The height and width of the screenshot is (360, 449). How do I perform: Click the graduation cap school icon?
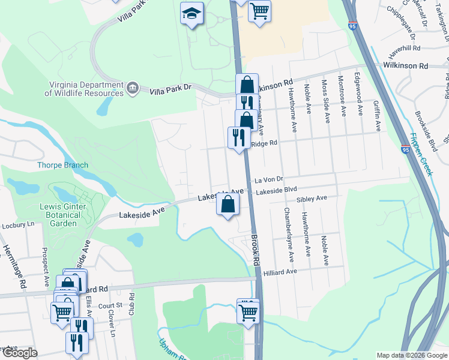pos(192,14)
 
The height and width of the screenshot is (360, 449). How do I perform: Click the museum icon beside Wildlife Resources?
pos(133,89)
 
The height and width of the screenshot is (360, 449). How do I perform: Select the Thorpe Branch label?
pos(62,165)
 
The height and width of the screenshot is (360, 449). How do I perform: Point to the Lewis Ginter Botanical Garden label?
pos(63,214)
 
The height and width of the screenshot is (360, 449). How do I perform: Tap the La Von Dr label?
pos(268,179)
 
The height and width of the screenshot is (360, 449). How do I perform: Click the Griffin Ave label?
pos(376,116)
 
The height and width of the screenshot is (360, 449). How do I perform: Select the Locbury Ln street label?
pos(14,224)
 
